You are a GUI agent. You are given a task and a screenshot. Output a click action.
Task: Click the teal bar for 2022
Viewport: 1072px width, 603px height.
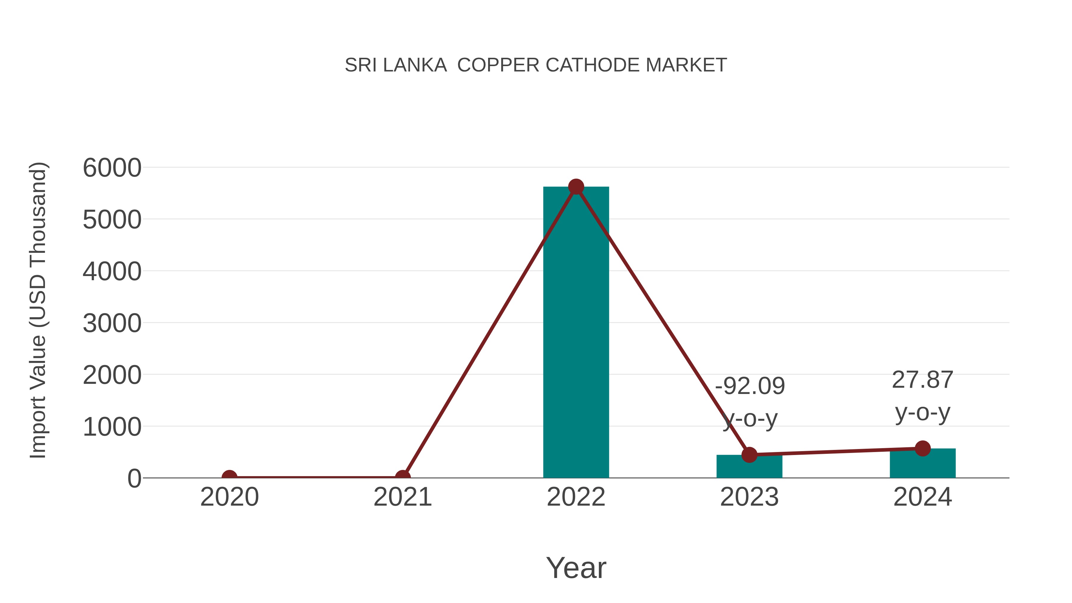(576, 333)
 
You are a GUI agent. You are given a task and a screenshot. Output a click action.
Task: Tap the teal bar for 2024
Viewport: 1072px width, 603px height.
(923, 464)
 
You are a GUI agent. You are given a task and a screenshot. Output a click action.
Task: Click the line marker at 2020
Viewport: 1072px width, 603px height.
(229, 477)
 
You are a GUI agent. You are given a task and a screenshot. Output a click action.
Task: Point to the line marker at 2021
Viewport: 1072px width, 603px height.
(402, 477)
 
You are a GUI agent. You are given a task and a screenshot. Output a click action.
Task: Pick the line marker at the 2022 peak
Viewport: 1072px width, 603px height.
(576, 187)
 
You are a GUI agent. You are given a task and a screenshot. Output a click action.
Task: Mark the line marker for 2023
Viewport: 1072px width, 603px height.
(749, 455)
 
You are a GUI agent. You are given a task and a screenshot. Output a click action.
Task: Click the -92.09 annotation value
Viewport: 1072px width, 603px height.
(750, 386)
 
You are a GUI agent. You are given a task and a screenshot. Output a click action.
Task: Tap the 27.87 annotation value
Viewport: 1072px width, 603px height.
(923, 380)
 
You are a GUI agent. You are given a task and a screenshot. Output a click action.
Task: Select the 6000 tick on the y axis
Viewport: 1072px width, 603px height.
(112, 168)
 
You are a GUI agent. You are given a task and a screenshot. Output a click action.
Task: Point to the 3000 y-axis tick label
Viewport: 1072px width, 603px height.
(112, 323)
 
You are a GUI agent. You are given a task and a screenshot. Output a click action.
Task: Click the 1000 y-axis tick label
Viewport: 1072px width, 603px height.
(112, 427)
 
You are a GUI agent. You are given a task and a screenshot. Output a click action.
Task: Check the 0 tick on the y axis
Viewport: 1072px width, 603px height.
(134, 479)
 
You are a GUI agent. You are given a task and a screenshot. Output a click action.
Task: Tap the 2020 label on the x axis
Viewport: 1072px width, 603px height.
(229, 497)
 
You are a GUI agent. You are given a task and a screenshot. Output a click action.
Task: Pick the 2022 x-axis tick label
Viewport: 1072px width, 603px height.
(576, 497)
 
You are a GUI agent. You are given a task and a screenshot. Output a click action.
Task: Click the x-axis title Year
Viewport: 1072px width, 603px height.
(576, 568)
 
